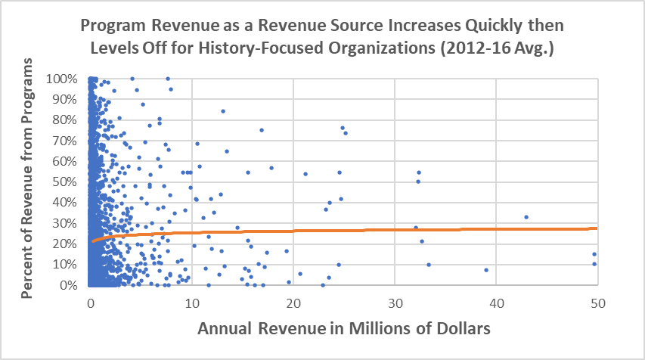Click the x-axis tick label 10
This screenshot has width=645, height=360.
pyautogui.click(x=192, y=301)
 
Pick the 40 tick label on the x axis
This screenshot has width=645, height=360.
pyautogui.click(x=496, y=301)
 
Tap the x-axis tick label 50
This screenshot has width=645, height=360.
pyautogui.click(x=597, y=301)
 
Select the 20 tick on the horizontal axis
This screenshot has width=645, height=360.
pyautogui.click(x=293, y=301)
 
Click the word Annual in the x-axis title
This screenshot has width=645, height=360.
pyautogui.click(x=227, y=329)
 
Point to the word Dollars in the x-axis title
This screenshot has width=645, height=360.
pyautogui.click(x=454, y=329)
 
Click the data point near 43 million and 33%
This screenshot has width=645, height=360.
pyautogui.click(x=526, y=217)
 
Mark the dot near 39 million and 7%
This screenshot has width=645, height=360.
pyautogui.click(x=486, y=270)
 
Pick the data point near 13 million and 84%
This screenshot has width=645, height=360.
pyautogui.click(x=223, y=111)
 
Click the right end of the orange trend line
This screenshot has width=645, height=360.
pyautogui.click(x=597, y=228)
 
